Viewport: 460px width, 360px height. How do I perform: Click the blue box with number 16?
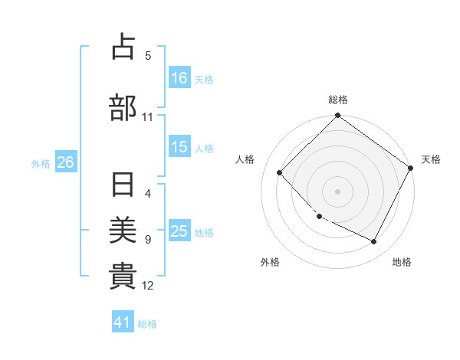[179, 78]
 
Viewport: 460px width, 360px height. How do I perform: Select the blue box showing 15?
[179, 147]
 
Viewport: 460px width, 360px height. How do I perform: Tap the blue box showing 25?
[179, 231]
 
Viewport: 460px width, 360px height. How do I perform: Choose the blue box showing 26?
[65, 162]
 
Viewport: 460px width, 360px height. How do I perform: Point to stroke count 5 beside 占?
[148, 55]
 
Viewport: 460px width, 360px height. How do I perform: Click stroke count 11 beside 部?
[148, 117]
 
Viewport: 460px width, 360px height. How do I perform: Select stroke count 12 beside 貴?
[148, 286]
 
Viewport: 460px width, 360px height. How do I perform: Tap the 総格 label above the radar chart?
[338, 100]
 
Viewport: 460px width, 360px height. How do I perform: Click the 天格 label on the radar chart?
[431, 159]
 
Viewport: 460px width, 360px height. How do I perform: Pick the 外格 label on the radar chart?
[270, 263]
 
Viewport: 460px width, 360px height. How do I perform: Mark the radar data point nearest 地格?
[374, 242]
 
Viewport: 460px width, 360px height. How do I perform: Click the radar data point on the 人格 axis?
[280, 173]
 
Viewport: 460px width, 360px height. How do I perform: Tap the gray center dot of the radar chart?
[337, 191]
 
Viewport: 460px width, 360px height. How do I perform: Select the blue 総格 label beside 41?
[147, 324]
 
